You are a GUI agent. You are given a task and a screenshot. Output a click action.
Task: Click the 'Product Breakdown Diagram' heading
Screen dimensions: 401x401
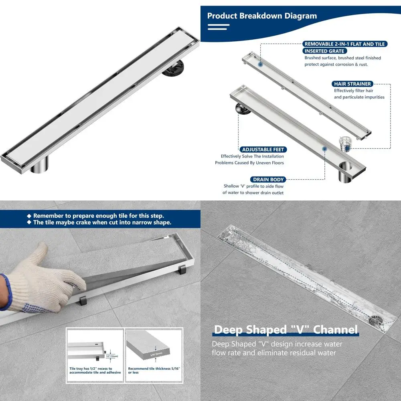pyautogui.click(x=262, y=16)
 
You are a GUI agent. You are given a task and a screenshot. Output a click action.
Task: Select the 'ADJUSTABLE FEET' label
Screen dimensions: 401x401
pyautogui.click(x=263, y=150)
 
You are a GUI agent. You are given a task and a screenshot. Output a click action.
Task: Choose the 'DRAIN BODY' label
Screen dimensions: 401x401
pyautogui.click(x=268, y=179)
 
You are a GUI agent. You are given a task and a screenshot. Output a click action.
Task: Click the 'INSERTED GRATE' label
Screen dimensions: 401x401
pyautogui.click(x=324, y=51)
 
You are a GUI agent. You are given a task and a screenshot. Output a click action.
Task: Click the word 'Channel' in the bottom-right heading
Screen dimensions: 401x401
pyautogui.click(x=335, y=330)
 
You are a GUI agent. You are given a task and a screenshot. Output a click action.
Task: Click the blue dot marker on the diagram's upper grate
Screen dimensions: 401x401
pyautogui.click(x=260, y=64)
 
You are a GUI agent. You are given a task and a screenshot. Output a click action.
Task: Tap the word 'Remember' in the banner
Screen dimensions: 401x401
pyautogui.click(x=47, y=216)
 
